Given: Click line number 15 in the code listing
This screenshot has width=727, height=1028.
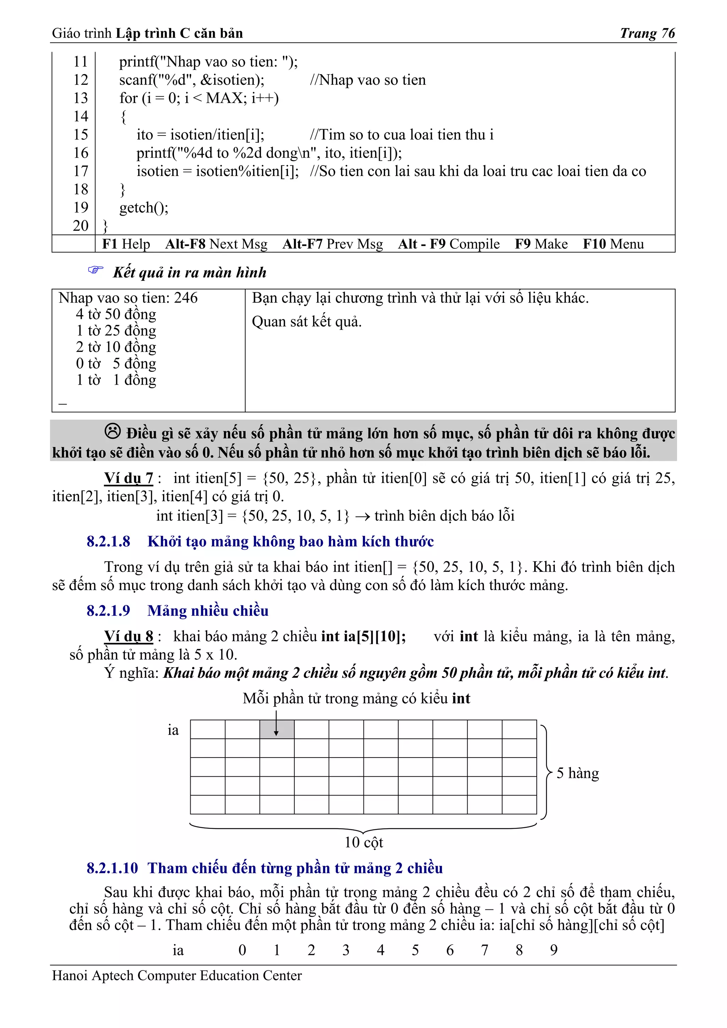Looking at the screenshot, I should point(81,134).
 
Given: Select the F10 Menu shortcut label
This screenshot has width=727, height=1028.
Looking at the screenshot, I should point(613,244).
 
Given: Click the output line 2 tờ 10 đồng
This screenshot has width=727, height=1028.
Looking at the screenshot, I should point(116,347).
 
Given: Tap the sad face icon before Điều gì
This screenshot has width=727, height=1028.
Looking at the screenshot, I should point(113,431).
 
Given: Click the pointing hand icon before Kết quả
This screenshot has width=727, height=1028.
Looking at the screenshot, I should point(95,270).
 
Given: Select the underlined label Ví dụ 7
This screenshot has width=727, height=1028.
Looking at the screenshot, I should point(129,478).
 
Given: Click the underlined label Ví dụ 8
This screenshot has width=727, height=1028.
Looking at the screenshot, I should point(129,636).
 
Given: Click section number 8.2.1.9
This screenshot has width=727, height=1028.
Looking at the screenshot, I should point(108,611).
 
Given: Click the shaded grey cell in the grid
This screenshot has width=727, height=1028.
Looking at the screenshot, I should point(277,729).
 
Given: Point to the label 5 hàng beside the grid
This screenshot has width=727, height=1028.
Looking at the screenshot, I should point(578,773).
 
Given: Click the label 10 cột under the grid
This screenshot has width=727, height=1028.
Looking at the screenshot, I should point(363,843).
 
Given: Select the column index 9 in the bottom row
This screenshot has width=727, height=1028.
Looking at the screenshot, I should point(554,950).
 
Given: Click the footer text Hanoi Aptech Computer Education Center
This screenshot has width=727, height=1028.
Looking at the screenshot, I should point(177,975).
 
